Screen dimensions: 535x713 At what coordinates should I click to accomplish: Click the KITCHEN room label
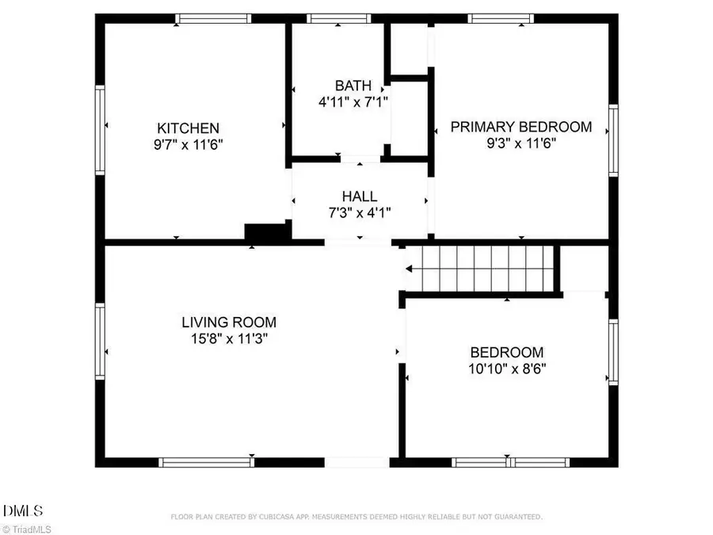coord(188,128)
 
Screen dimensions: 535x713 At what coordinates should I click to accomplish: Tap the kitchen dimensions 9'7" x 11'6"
coord(188,145)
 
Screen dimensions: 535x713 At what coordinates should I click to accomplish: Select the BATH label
coord(353,85)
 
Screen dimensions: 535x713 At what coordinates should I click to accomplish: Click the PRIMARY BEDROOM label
coord(521,127)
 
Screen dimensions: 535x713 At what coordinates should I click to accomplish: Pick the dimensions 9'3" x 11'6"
coord(521,143)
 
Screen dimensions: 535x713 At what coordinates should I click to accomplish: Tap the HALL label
coord(360,196)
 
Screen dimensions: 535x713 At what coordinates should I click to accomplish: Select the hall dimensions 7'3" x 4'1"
coord(360,212)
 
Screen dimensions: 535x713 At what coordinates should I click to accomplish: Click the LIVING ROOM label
coord(229,322)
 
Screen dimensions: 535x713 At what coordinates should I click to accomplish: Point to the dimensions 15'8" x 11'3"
coord(229,338)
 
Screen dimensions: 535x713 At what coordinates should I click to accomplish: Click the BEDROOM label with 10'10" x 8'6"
coord(507,353)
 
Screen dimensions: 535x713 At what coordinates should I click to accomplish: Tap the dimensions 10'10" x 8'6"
coord(507,369)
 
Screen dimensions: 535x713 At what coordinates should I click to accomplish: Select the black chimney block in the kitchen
coord(268,231)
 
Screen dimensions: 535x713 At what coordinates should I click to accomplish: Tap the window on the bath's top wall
coord(338,18)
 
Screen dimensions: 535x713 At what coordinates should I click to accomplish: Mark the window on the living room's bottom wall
coord(206,462)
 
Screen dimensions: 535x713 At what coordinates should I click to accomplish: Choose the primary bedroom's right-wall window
coord(613,140)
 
